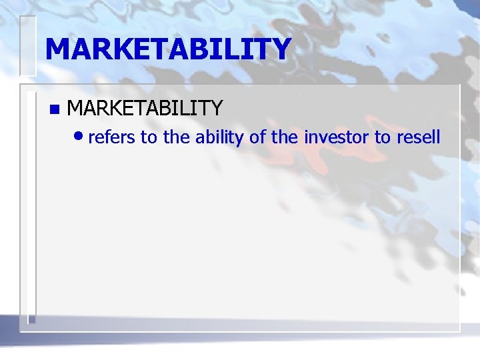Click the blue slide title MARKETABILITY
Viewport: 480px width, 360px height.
tap(168, 49)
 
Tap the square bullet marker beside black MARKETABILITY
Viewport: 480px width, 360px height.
tap(54, 108)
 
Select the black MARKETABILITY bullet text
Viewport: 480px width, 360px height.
tap(145, 107)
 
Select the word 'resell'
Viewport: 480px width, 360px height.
tap(418, 137)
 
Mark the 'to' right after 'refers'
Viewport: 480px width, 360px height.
tap(147, 137)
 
